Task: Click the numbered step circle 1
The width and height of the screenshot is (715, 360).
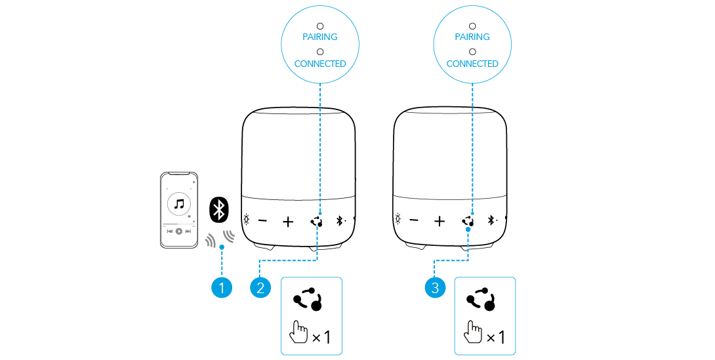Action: pos(222,288)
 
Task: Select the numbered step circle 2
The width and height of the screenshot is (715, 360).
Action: pos(260,288)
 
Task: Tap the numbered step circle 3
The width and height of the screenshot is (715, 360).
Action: pos(435,288)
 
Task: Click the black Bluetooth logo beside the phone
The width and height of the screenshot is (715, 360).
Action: pos(219,210)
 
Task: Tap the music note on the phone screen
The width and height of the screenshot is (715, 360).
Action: pos(179,204)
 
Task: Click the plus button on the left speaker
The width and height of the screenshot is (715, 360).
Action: pos(288,222)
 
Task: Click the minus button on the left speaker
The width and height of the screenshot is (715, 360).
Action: pos(262,222)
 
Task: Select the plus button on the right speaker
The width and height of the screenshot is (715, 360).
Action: pos(439,222)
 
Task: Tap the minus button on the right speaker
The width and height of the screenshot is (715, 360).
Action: pos(414,221)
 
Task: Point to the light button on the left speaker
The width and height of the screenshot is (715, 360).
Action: pos(246,220)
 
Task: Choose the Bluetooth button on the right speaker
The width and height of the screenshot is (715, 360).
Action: pos(491,220)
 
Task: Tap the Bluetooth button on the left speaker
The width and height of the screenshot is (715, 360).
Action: pos(340,221)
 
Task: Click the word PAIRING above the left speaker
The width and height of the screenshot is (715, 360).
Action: pos(320,37)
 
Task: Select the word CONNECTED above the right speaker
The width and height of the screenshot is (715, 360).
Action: pos(472,64)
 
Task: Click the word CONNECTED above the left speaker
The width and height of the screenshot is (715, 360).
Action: pos(320,64)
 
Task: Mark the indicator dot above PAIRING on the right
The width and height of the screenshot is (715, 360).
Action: pos(472,26)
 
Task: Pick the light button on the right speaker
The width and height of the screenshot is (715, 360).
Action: pos(398,219)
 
